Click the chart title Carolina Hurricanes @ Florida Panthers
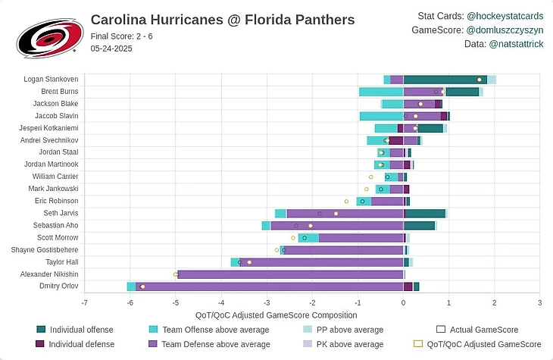(x=233, y=20)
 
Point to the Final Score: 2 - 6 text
(x=121, y=36)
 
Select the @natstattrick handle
(x=514, y=45)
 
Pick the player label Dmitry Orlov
(x=58, y=286)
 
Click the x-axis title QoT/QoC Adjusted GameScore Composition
(x=276, y=315)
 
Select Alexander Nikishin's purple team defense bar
(x=290, y=274)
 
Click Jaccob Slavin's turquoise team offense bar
(x=381, y=116)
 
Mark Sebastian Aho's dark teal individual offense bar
(x=419, y=225)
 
